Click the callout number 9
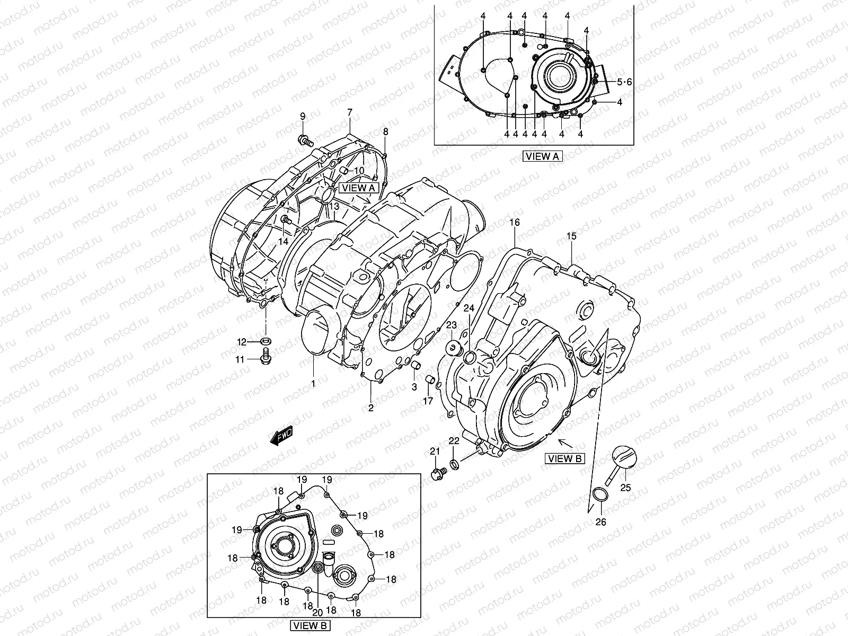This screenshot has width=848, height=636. [x=303, y=116]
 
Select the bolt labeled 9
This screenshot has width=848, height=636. [x=304, y=140]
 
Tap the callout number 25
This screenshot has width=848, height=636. [x=625, y=488]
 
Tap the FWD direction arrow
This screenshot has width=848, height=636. [x=281, y=436]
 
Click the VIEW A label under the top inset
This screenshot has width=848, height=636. [x=542, y=156]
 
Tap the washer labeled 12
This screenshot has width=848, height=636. [x=266, y=340]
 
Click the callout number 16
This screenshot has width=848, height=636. [x=515, y=222]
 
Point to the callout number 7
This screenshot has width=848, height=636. [x=350, y=112]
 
